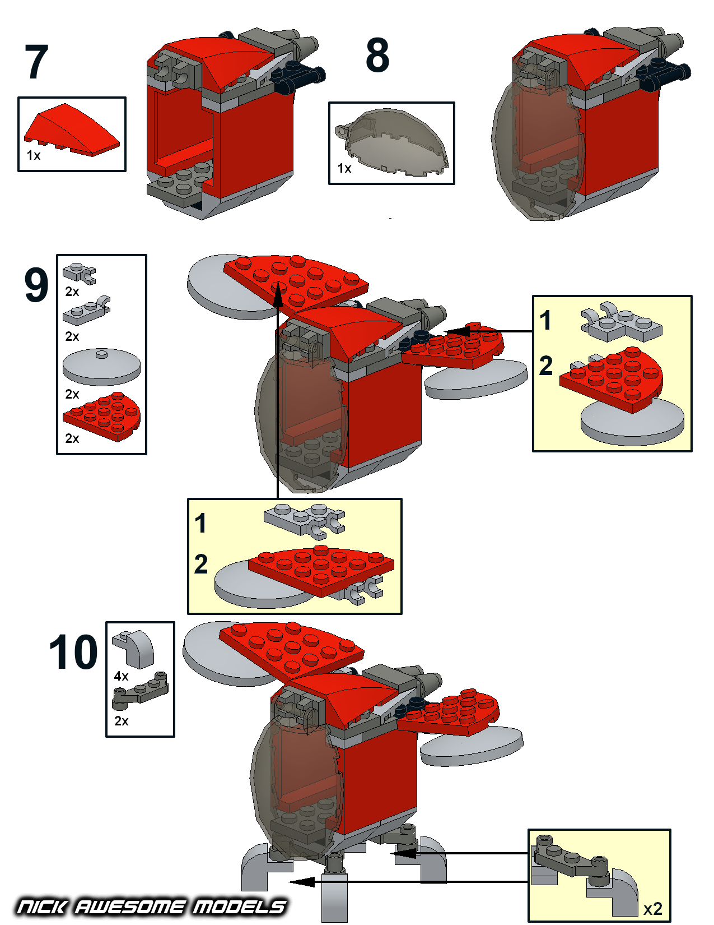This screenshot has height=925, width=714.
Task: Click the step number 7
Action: [36, 62]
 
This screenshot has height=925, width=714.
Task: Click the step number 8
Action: [377, 55]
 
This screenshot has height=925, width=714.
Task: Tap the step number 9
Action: [36, 285]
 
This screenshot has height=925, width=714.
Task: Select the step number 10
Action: [73, 652]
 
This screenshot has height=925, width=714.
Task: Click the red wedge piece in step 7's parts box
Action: [71, 130]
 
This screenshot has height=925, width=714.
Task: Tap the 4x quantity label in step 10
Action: [122, 676]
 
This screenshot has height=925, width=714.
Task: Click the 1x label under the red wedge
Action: [34, 156]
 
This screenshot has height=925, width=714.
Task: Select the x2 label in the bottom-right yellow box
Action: [652, 909]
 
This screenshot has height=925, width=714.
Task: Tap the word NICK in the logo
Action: [42, 906]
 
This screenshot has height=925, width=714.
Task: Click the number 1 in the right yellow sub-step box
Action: [545, 321]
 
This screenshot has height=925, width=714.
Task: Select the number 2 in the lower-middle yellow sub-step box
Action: [201, 565]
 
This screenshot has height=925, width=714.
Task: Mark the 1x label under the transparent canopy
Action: [344, 168]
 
